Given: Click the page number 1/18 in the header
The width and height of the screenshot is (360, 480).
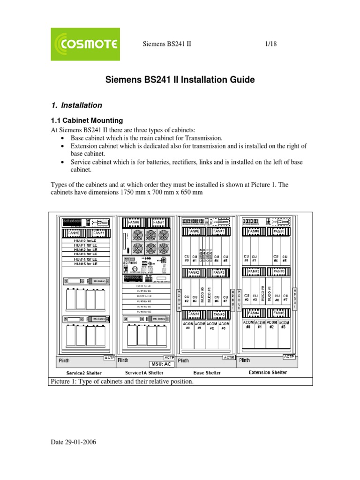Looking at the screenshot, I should click(x=272, y=44).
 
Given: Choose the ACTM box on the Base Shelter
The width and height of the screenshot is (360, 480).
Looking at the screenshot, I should click(x=228, y=358).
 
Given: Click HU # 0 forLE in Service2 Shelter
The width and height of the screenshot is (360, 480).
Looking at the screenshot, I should click(x=85, y=240).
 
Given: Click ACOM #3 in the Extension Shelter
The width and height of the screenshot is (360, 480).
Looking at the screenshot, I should click(x=284, y=325).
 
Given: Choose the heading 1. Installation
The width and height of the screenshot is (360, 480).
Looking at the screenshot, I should click(x=77, y=105).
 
